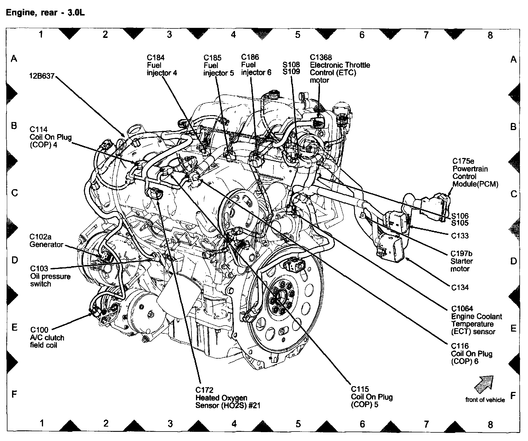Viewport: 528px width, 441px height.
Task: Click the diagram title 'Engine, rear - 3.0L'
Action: pyautogui.click(x=45, y=13)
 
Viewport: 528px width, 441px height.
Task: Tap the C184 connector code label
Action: pyautogui.click(x=156, y=58)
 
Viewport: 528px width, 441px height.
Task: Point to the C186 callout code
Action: pyautogui.click(x=250, y=57)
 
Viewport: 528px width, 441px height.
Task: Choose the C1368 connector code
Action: pyautogui.click(x=321, y=57)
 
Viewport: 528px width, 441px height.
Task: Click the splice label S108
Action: pyautogui.click(x=291, y=65)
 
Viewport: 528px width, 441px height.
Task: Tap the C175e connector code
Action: pyautogui.click(x=463, y=161)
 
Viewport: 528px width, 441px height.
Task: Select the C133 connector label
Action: pyautogui.click(x=460, y=236)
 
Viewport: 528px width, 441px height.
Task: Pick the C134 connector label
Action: pyautogui.click(x=460, y=287)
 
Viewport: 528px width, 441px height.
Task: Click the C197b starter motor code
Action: pyautogui.click(x=461, y=254)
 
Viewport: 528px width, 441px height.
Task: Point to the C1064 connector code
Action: pyautogui.click(x=462, y=309)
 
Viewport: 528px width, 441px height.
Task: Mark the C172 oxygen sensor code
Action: pyautogui.click(x=204, y=390)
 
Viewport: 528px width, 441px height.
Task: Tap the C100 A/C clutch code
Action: pyautogui.click(x=39, y=330)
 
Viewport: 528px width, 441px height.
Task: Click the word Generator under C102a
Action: pyautogui.click(x=46, y=245)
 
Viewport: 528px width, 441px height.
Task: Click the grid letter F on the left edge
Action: pyautogui.click(x=14, y=394)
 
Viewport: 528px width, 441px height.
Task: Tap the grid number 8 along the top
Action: pyautogui.click(x=490, y=35)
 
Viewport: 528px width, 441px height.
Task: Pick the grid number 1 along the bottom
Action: pyautogui.click(x=42, y=423)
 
